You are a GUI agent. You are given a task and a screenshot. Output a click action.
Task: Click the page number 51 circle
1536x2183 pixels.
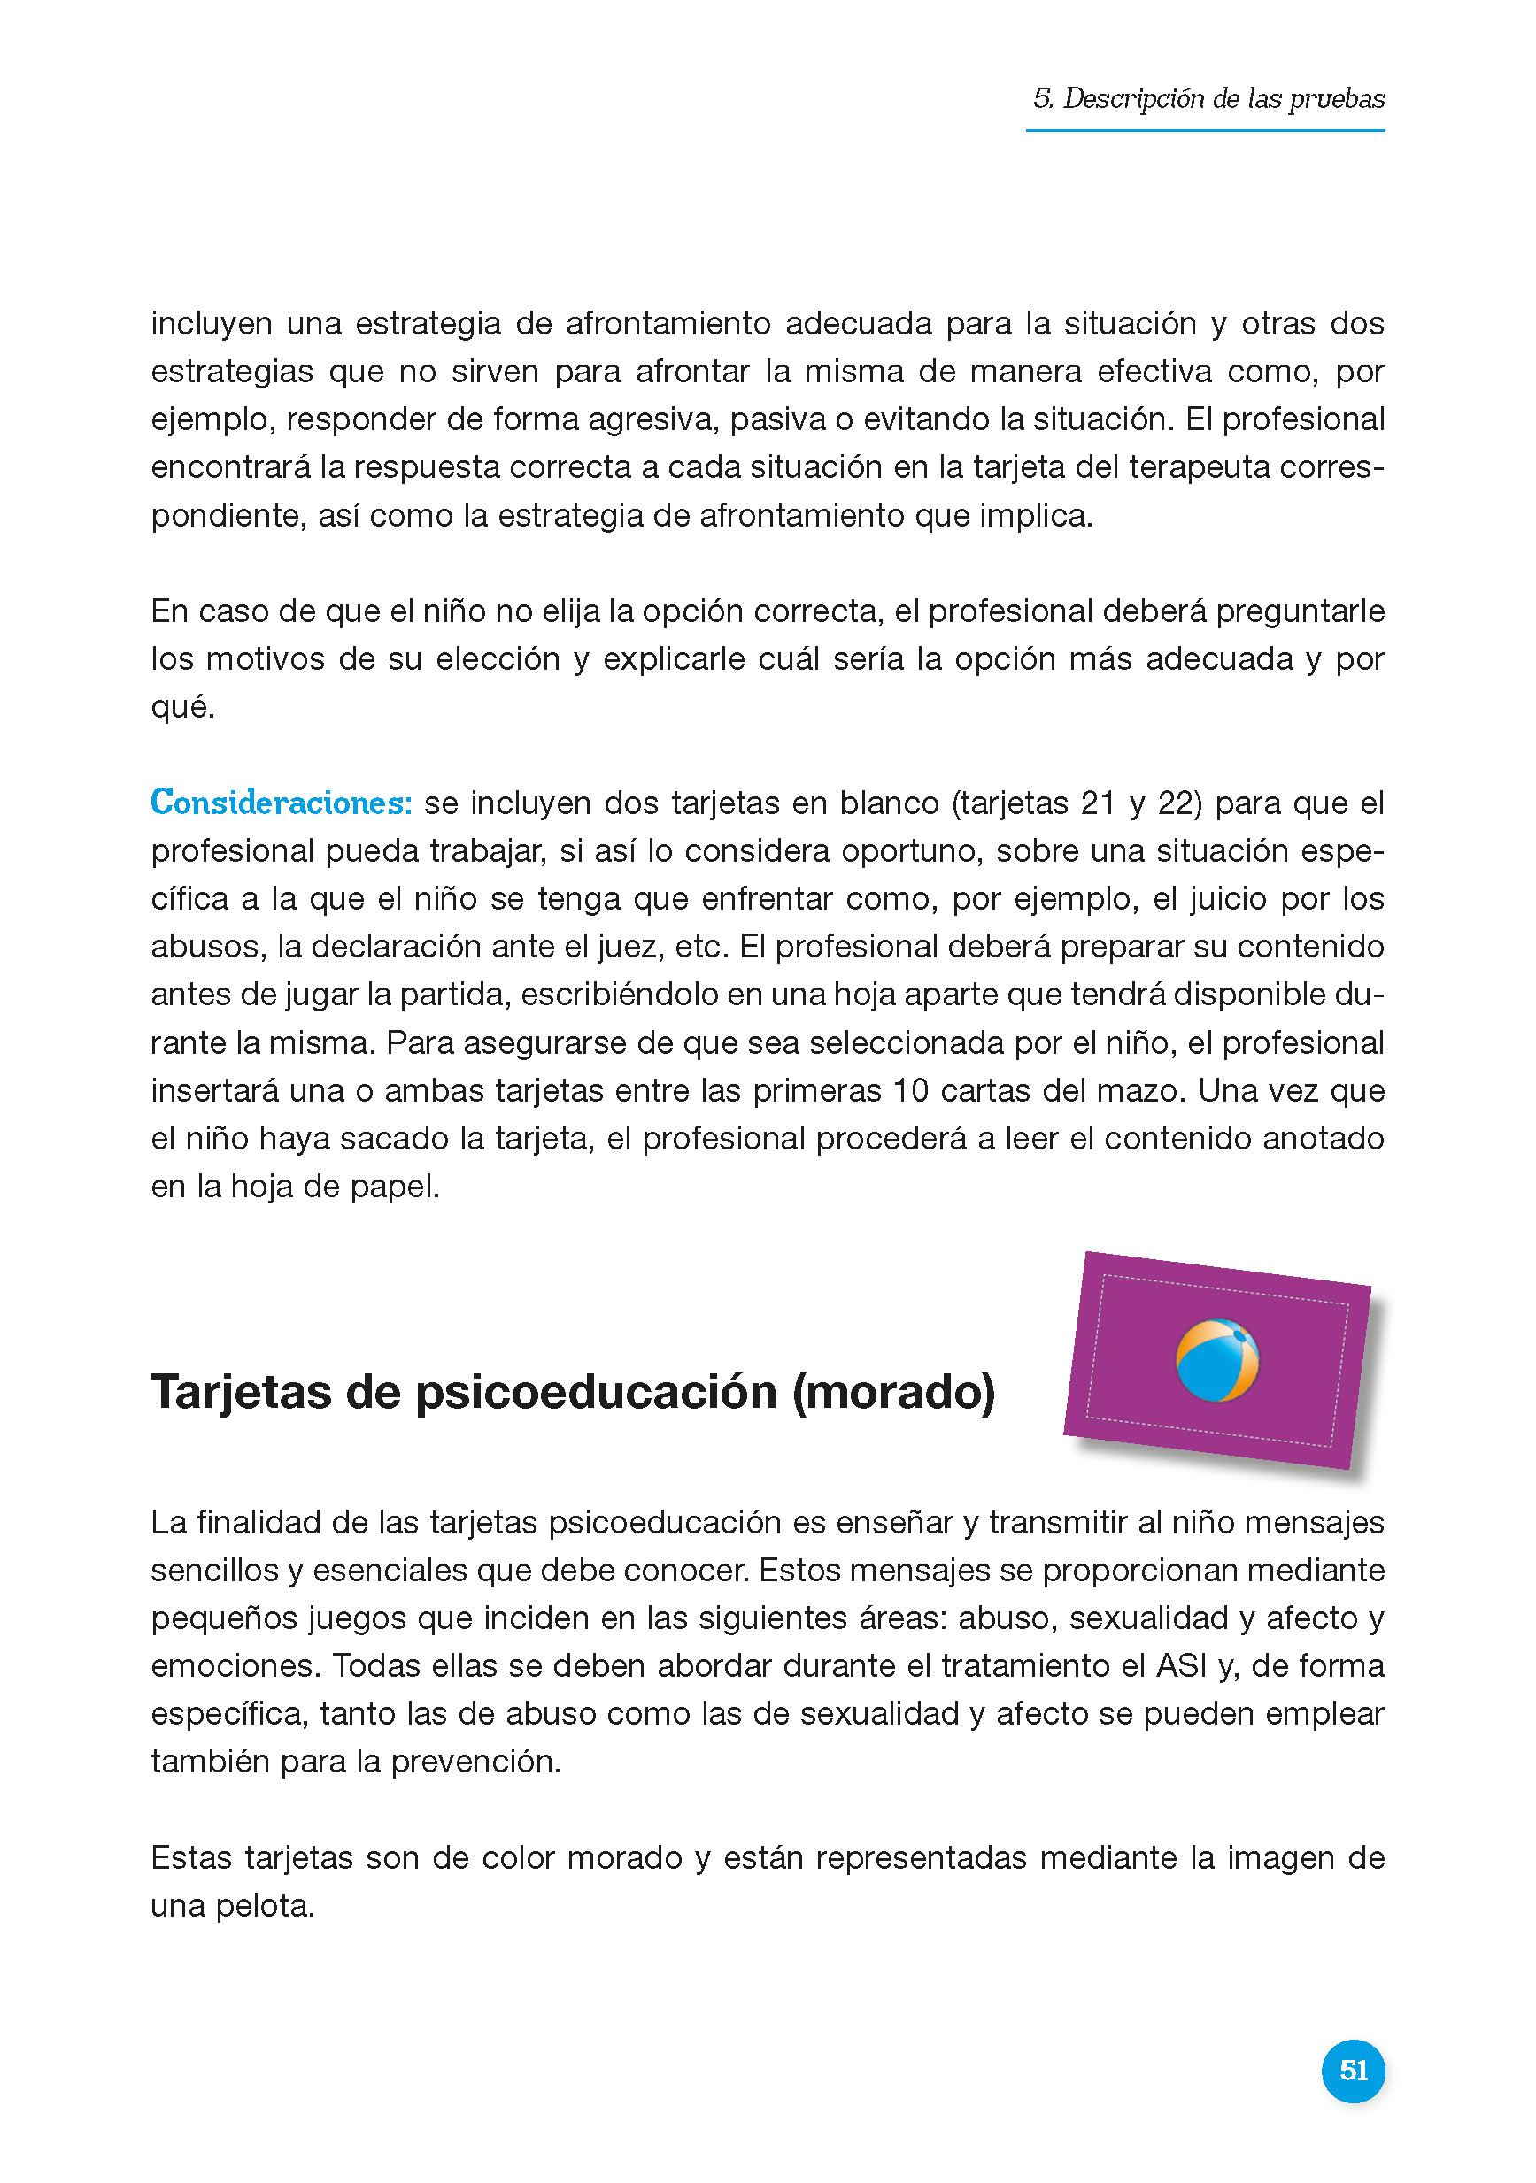(1353, 2070)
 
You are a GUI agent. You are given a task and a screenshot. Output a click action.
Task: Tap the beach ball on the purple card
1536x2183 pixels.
(1216, 1360)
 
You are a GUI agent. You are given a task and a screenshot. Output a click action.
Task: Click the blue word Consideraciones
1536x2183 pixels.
(281, 803)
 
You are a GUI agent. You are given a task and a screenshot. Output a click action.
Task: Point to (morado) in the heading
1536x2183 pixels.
(893, 1392)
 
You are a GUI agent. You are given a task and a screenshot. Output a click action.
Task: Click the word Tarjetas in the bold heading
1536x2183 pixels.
(242, 1392)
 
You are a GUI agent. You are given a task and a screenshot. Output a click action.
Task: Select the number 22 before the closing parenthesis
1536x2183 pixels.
(1178, 803)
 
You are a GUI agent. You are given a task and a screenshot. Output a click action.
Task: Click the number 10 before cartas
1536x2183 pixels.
(909, 1090)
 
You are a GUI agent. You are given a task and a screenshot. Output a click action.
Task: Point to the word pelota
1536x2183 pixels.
(265, 1905)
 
